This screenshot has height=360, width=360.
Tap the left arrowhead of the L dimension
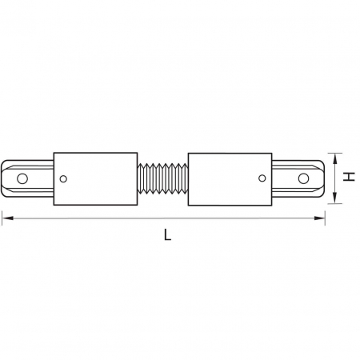pyautogui.click(x=7, y=216)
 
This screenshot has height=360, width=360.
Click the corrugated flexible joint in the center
pyautogui.click(x=163, y=178)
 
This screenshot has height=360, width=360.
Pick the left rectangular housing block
pyautogui.click(x=94, y=178)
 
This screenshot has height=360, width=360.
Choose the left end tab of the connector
pyautogui.click(x=29, y=178)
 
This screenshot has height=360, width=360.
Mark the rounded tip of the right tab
pyautogui.click(x=322, y=178)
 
